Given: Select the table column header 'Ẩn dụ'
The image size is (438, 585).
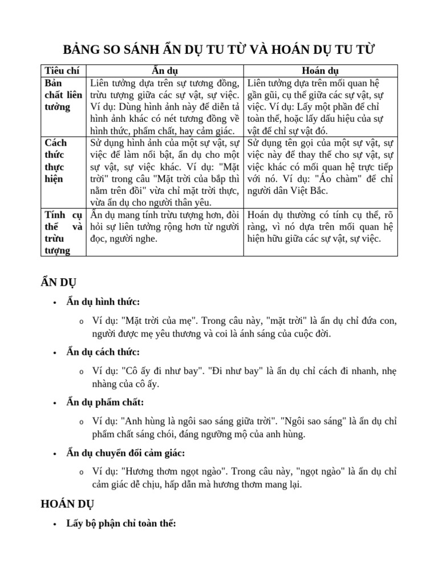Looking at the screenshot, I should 165,71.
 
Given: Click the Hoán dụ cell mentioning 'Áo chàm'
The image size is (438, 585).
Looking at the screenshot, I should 321,166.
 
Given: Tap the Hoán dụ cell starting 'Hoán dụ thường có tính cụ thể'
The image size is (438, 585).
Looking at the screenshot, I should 321,226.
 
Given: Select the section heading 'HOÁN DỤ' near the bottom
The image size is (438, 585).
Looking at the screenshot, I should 67,504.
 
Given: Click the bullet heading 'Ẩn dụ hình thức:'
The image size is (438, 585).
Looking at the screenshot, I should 103,302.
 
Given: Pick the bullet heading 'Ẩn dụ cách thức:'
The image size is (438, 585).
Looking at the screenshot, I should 103,352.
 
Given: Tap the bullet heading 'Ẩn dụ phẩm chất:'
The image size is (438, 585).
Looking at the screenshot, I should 105,402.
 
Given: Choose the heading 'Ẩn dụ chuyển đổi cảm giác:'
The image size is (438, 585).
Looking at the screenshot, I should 125,452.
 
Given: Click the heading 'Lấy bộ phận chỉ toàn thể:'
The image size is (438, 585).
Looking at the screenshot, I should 121,524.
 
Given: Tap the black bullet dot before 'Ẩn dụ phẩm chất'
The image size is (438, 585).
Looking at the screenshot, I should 54,403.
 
